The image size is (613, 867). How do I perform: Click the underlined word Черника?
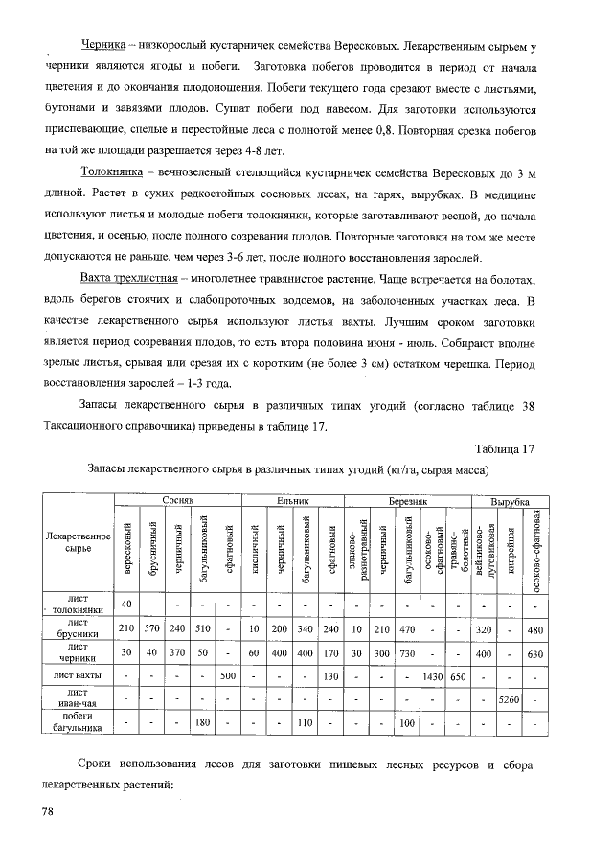pos(104,45)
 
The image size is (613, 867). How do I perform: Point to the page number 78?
pos(48,812)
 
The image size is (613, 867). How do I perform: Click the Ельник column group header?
pos(291,501)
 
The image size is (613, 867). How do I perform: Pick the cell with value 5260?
pos(509,702)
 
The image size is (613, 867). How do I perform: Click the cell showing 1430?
pos(432,677)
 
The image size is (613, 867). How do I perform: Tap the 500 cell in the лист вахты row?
pos(228,677)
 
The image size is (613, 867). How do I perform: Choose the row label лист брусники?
pos(72,627)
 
